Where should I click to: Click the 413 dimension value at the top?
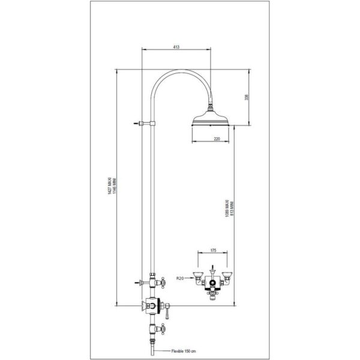(x=176, y=46)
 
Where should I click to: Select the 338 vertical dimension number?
(x=246, y=98)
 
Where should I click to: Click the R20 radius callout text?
(x=180, y=278)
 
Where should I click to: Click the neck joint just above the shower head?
(x=212, y=110)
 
